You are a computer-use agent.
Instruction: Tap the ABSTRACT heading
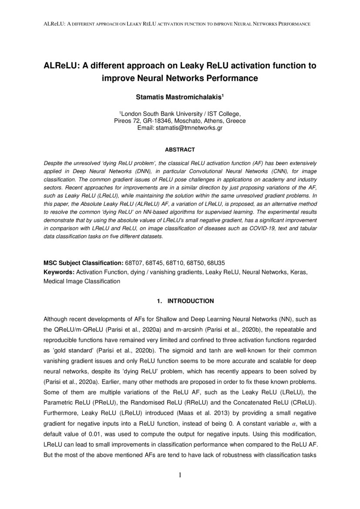pyautogui.click(x=180, y=150)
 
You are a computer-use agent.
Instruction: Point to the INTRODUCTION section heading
pyautogui.click(x=191, y=301)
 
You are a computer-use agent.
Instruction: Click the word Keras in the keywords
pyautogui.click(x=299, y=273)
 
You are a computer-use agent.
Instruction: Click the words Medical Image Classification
pyautogui.click(x=81, y=281)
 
